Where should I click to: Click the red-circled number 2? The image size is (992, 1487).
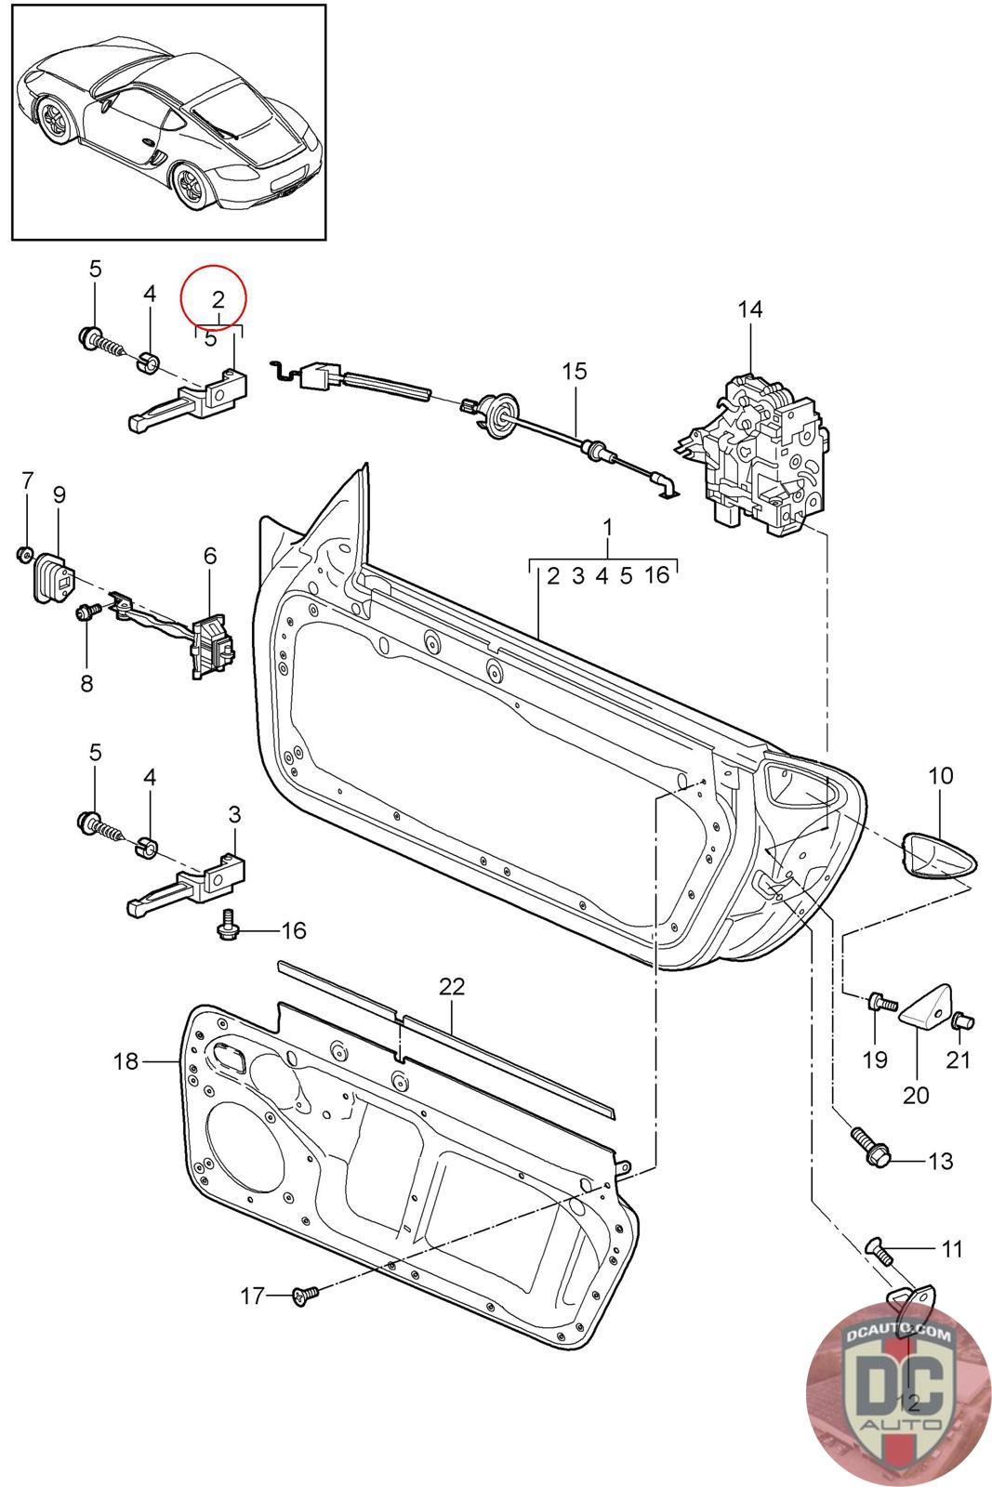click(218, 299)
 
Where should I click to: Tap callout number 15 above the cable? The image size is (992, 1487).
click(575, 372)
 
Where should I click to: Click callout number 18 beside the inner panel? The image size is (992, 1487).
click(126, 1060)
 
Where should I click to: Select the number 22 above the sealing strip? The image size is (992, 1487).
click(451, 986)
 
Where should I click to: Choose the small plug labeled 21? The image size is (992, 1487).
click(962, 1022)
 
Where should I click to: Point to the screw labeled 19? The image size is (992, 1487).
click(880, 1004)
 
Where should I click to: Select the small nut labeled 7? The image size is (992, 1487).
click(24, 555)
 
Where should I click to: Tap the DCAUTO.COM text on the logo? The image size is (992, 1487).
click(898, 1334)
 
